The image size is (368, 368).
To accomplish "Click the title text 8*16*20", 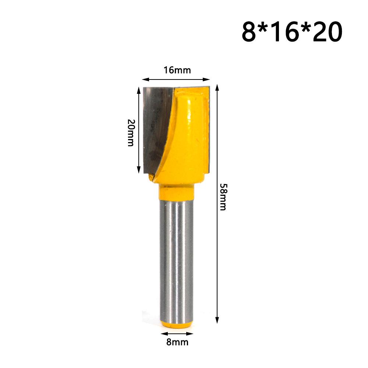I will [292, 32].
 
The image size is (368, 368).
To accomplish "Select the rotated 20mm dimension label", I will [130, 133].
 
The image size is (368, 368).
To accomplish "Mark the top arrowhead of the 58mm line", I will [217, 87].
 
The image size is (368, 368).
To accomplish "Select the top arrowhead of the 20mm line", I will [139, 89].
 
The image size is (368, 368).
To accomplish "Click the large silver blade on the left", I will [156, 125].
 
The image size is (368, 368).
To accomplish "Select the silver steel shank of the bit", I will [177, 258].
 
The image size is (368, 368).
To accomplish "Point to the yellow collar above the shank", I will [177, 192].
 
